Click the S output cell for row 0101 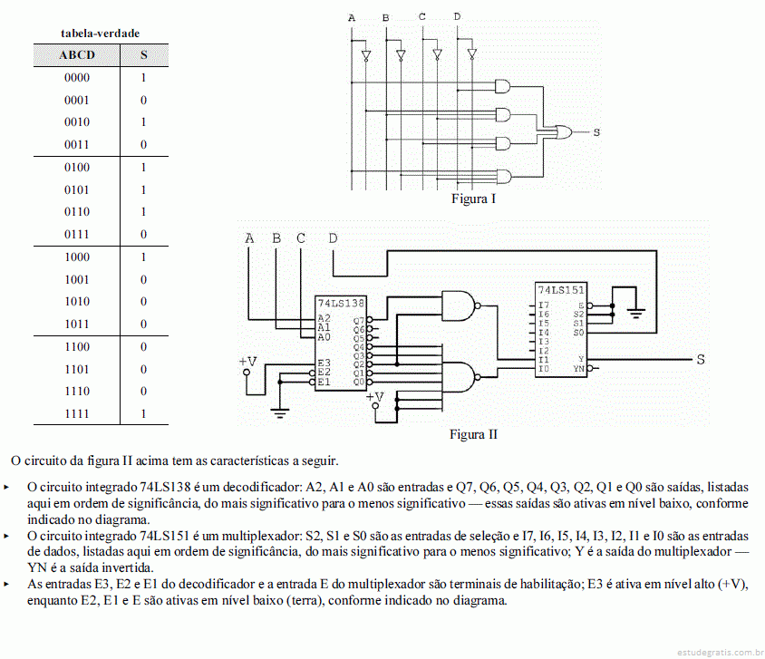(143, 189)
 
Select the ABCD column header (77, 55)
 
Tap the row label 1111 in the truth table (77, 413)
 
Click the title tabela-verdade (100, 34)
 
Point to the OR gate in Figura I (564, 131)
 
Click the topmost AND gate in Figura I (502, 87)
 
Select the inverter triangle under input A (366, 56)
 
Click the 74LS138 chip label (341, 304)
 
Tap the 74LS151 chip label (561, 290)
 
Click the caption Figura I (473, 199)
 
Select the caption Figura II (473, 434)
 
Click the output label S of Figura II (701, 360)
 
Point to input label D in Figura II (333, 238)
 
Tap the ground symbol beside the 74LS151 (635, 312)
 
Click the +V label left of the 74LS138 (247, 362)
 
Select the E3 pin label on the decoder (324, 363)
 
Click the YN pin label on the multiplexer (578, 369)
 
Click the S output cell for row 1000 (143, 257)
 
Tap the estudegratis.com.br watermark (720, 652)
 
